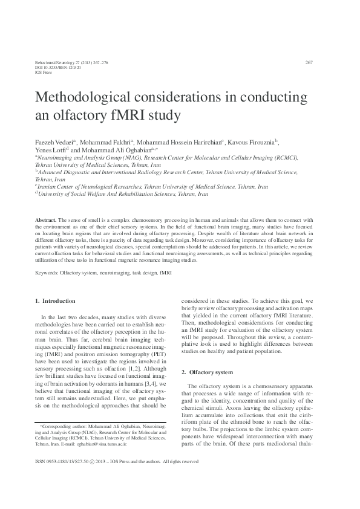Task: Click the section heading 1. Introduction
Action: point(55,301)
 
